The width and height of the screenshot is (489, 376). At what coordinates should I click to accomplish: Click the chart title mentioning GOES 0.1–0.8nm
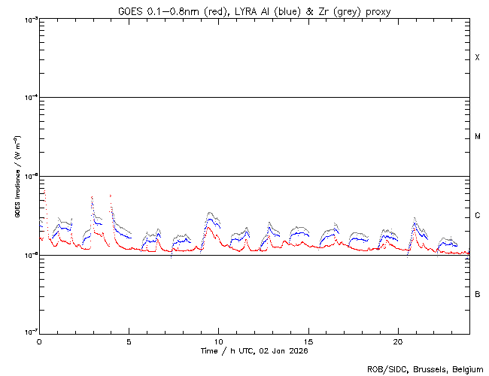254,11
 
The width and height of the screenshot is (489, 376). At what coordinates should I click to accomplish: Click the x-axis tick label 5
129,341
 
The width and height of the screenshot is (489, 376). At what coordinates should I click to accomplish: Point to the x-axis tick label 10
218,341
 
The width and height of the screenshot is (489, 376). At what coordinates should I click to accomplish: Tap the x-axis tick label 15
308,341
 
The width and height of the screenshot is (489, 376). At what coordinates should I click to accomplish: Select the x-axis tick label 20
398,341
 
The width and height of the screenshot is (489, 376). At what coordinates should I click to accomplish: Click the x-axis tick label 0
39,341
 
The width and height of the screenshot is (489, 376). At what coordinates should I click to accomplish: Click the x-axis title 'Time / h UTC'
254,350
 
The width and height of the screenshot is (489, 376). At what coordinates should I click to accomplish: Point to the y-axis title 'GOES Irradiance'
17,177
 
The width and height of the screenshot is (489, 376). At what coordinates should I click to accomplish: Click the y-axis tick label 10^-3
30,20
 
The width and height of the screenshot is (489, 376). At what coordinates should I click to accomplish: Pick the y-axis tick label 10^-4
30,98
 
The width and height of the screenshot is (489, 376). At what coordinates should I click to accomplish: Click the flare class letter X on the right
477,58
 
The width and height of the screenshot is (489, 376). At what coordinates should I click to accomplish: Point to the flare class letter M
477,137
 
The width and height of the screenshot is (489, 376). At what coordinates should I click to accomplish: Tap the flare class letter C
477,216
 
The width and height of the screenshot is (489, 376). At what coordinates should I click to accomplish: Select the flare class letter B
477,294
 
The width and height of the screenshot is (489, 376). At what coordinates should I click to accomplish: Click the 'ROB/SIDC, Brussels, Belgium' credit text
424,369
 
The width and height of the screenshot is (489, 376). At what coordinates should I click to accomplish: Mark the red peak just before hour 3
92,197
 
